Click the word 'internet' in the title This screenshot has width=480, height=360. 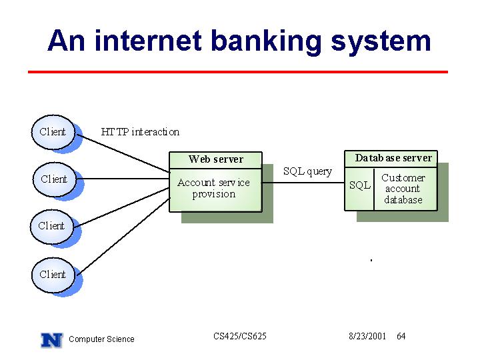tap(148, 41)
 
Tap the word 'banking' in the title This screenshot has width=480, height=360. tap(266, 43)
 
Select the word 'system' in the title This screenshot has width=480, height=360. tap(381, 43)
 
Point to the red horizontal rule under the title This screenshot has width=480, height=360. tap(238, 72)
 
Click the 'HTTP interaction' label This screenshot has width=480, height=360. tap(140, 132)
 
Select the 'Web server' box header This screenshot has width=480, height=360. tap(215, 159)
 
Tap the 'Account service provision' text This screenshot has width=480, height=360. tap(214, 188)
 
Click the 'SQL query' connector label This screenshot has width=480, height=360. tap(307, 171)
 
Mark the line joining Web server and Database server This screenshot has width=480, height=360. tap(303, 183)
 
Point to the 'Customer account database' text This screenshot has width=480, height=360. tap(403, 189)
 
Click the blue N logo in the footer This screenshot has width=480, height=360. tap(52, 340)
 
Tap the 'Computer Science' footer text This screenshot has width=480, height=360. tap(101, 339)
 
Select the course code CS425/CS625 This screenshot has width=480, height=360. tap(240, 336)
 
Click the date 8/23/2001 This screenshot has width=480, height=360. tap(367, 336)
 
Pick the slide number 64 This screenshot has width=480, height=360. tap(401, 336)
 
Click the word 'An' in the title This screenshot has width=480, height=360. tap(66, 41)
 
